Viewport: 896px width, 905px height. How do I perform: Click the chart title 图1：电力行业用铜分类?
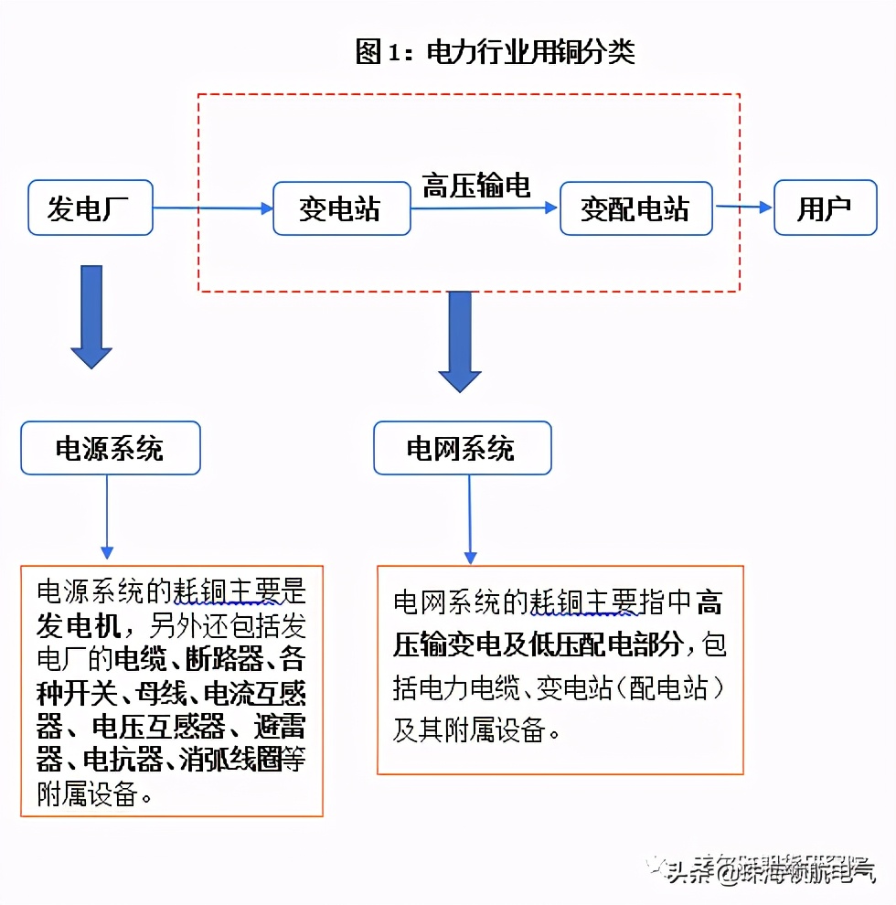495,52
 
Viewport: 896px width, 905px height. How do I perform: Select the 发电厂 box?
90,208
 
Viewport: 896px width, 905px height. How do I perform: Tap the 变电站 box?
341,209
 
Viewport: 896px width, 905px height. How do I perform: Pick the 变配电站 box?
636,209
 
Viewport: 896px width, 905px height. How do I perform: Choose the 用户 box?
825,209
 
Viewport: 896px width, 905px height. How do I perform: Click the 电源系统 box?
110,448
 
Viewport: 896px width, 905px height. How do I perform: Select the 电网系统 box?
462,448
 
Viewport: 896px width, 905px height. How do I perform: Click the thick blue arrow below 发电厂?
91,316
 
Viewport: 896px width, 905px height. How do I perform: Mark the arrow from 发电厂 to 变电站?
213,208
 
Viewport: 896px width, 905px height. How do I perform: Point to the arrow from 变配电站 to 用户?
744,208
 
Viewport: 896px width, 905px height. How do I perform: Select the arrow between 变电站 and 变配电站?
484,208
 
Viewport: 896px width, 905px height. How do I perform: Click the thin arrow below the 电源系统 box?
107,516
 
